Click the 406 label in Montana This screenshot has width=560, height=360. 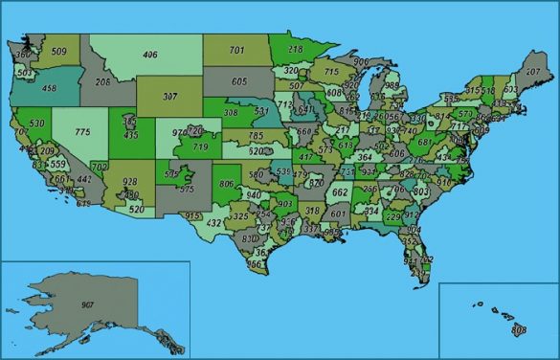click(x=149, y=55)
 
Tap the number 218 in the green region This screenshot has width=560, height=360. click(x=295, y=48)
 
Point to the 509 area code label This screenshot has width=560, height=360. click(x=58, y=51)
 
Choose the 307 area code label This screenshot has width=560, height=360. click(x=171, y=97)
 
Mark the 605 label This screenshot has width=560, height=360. click(x=239, y=81)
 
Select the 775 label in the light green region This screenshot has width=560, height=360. click(x=84, y=130)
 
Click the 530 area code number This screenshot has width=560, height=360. click(x=37, y=124)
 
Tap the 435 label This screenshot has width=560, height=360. click(x=131, y=135)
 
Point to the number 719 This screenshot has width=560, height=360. click(x=200, y=147)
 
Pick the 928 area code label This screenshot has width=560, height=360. click(x=129, y=181)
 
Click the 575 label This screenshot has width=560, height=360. click(x=186, y=190)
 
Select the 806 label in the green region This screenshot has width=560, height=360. click(x=226, y=183)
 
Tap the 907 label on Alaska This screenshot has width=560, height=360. click(x=88, y=305)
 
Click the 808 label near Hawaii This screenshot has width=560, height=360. click(x=519, y=329)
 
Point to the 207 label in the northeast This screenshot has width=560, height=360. click(x=534, y=72)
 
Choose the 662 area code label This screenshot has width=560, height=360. click(x=339, y=191)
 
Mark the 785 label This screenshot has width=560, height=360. click(x=256, y=136)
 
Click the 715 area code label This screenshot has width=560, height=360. click(x=331, y=71)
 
